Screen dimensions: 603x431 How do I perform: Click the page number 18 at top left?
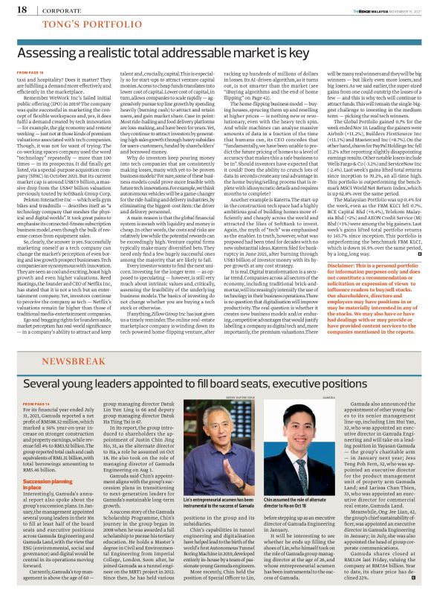[x=13, y=10]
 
